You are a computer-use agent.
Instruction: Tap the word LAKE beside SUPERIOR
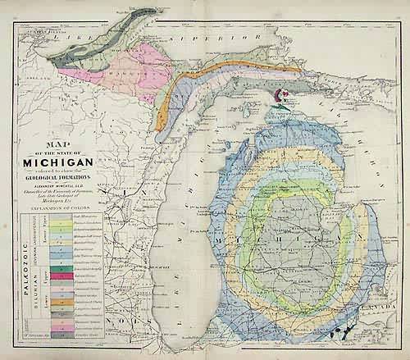pos(57,37)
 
